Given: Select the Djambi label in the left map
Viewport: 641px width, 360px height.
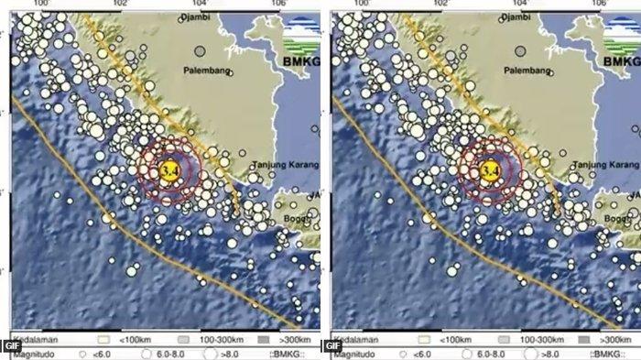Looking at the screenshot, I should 196,17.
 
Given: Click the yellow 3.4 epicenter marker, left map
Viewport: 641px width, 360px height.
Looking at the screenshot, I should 168,169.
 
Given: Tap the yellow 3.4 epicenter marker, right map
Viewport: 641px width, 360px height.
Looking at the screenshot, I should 488,169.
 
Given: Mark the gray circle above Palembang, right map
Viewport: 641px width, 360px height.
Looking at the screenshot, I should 520,51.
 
